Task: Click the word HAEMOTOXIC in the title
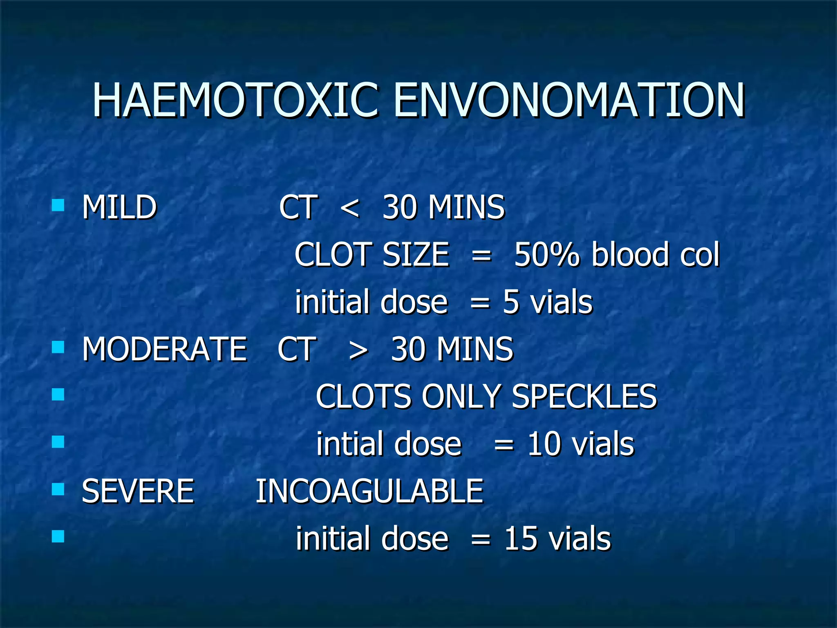(235, 101)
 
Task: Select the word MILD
(119, 207)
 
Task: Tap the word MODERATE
(164, 349)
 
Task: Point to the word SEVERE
(138, 491)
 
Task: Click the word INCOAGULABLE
(369, 491)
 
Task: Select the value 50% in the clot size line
(546, 255)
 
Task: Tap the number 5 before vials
(511, 302)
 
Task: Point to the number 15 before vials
(520, 538)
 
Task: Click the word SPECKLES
(584, 397)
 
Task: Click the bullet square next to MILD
(58, 205)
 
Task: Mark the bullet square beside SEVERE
(58, 489)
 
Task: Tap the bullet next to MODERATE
(58, 347)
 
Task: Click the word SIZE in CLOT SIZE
(416, 255)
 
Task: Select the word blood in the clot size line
(630, 255)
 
